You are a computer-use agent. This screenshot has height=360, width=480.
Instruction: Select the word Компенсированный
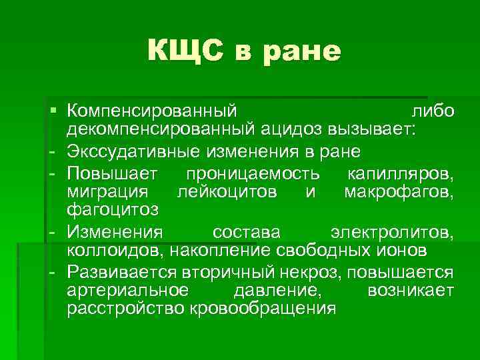[152, 110]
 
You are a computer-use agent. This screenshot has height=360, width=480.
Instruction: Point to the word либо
[433, 110]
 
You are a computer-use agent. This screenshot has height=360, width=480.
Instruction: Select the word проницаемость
[257, 175]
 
